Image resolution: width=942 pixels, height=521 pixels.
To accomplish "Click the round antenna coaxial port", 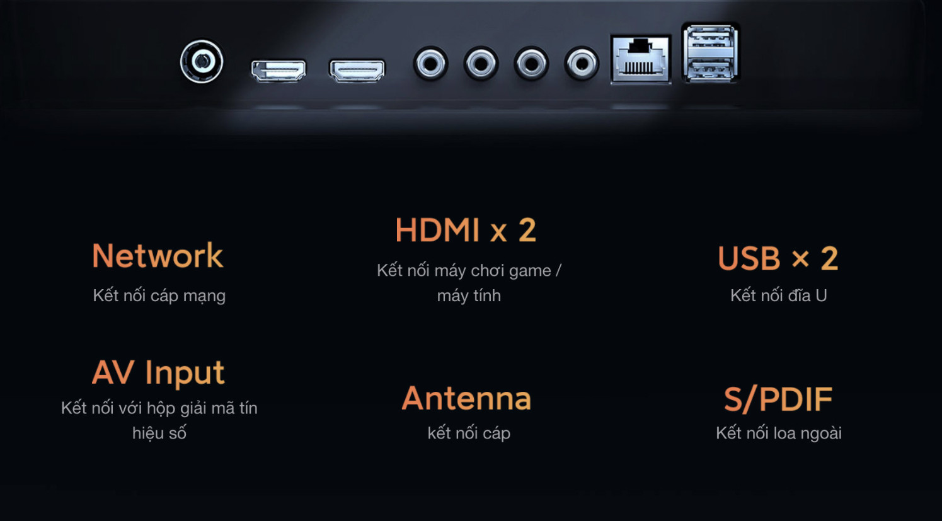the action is [202, 61].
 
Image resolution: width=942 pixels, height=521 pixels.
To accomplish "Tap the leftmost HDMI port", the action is [279, 70].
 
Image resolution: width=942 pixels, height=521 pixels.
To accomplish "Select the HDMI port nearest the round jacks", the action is [357, 70].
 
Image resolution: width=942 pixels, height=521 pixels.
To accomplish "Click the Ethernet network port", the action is [640, 59].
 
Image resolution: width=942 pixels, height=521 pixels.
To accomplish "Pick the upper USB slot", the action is [710, 40].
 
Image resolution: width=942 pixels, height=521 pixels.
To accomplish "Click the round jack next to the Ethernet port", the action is [582, 64].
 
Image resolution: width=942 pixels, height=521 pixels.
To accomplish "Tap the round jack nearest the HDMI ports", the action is [430, 64].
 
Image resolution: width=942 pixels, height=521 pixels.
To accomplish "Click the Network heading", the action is [158, 256].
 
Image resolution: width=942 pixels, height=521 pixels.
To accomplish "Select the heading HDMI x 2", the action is [466, 230].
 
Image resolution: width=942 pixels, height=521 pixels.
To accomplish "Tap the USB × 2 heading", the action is [778, 258].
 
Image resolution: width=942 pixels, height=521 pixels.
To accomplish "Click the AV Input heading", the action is [158, 372].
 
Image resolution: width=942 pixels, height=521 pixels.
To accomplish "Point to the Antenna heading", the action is [467, 398].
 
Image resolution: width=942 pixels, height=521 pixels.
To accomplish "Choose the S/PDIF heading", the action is [778, 399].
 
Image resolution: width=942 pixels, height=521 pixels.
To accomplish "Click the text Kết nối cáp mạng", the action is [159, 295].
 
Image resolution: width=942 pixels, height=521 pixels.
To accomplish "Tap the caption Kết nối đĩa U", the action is [779, 295].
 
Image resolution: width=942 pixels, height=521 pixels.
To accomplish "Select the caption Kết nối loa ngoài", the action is [779, 433].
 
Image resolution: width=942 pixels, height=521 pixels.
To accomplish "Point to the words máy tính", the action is [469, 295].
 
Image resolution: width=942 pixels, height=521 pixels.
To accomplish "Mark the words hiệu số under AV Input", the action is [159, 433].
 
